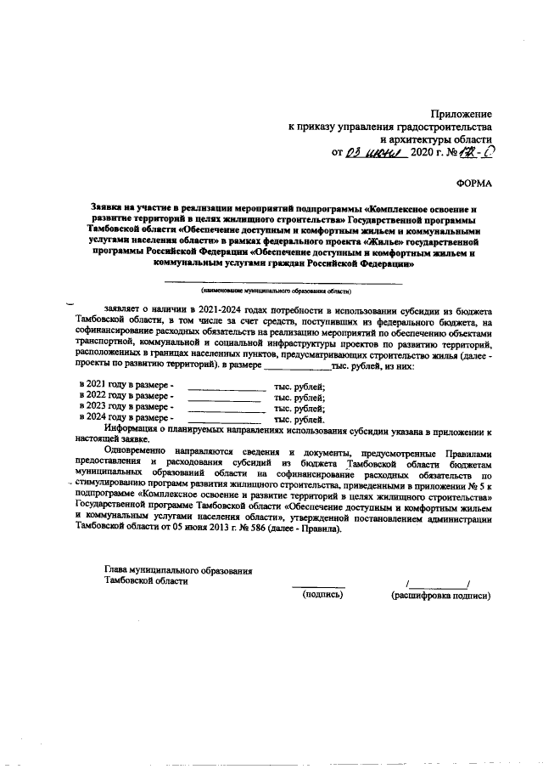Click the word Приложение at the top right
coord(462,113)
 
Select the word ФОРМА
coord(473,182)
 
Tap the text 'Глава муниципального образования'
coord(178,569)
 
